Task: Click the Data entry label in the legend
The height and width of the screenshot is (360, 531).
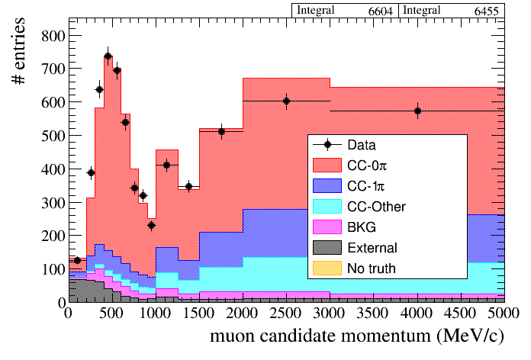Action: pyautogui.click(x=362, y=144)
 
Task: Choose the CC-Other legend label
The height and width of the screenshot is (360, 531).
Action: pyautogui.click(x=376, y=206)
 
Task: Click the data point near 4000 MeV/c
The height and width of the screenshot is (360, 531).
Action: pyautogui.click(x=417, y=111)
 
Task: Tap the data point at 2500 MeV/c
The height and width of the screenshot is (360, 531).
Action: pyautogui.click(x=286, y=101)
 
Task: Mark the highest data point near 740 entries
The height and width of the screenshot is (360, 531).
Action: pyautogui.click(x=108, y=56)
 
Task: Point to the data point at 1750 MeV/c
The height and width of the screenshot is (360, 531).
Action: pyautogui.click(x=221, y=131)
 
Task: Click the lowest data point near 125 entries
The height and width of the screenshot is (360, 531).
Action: pyautogui.click(x=77, y=260)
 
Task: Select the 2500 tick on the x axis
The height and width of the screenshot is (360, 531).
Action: pyautogui.click(x=286, y=312)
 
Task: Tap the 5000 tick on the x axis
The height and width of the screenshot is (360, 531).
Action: pyautogui.click(x=504, y=312)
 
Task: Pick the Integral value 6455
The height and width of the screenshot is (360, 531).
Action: pyautogui.click(x=484, y=11)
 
